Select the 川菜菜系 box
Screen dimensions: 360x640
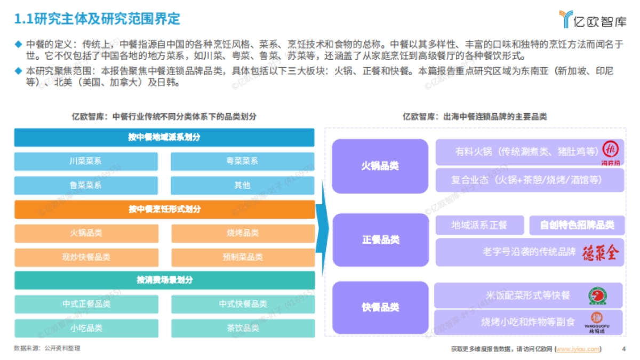tap(86, 161)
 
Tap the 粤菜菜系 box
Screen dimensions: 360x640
tap(242, 161)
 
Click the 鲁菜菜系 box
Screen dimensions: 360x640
tap(86, 185)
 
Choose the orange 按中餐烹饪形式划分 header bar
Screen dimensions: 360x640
tap(164, 210)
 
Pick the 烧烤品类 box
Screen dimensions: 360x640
tap(242, 233)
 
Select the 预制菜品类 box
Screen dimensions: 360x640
tap(242, 257)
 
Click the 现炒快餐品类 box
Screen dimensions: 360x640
tap(86, 257)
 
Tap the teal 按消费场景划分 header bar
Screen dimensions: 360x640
tap(164, 280)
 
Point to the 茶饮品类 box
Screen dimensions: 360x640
tap(242, 327)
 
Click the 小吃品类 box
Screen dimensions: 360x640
tap(86, 327)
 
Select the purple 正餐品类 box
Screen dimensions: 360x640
tap(380, 240)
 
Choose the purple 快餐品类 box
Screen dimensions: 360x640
tap(380, 307)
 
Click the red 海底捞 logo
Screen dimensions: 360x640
tap(609, 150)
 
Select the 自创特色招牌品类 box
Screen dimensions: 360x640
tap(577, 225)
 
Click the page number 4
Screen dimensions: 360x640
tap(623, 349)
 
